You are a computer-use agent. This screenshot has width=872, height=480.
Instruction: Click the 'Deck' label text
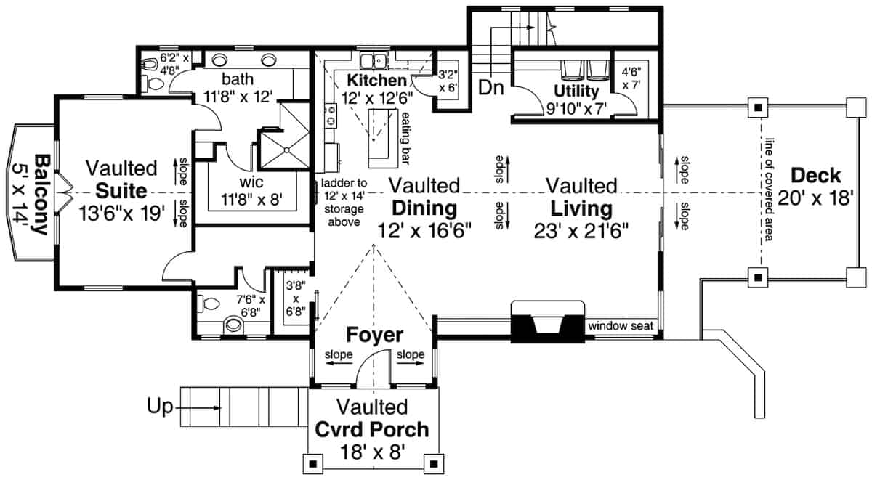tap(815, 176)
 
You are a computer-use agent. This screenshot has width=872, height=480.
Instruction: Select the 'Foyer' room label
tap(374, 335)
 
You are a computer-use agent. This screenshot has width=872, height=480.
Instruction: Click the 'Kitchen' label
tap(376, 79)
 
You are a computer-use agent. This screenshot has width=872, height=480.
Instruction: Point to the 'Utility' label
tap(576, 91)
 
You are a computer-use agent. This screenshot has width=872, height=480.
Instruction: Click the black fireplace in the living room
tap(548, 322)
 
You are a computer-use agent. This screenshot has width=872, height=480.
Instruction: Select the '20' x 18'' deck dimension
tap(815, 198)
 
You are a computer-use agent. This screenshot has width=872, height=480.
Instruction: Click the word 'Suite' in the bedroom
tap(119, 192)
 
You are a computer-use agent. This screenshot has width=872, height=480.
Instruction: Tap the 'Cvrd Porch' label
tap(371, 428)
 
